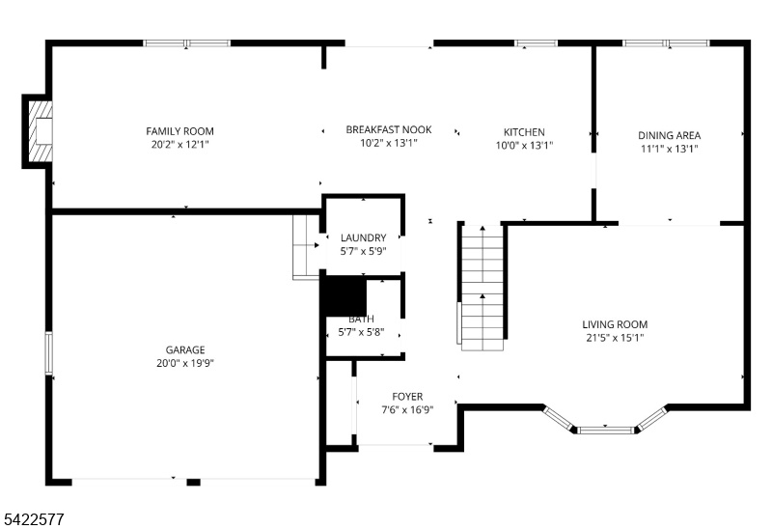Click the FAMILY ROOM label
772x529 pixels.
pyautogui.click(x=179, y=131)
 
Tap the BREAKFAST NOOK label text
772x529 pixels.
pyautogui.click(x=389, y=130)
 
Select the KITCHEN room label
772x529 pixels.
pyautogui.click(x=524, y=132)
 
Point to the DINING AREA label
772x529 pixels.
pyautogui.click(x=669, y=135)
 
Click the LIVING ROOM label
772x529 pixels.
pyautogui.click(x=615, y=324)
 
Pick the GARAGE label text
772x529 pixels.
pyautogui.click(x=185, y=350)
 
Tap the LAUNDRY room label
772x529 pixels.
pyautogui.click(x=364, y=237)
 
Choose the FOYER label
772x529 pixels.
pyautogui.click(x=407, y=397)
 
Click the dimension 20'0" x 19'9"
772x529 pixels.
pyautogui.click(x=185, y=364)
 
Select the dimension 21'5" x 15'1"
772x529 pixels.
pyautogui.click(x=615, y=338)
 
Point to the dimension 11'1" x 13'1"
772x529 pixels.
pyautogui.click(x=669, y=149)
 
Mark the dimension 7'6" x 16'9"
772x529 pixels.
pyautogui.click(x=407, y=410)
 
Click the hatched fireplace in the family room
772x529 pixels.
pyautogui.click(x=41, y=131)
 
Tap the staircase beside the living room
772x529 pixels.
pyautogui.click(x=482, y=288)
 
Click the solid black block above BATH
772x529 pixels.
pyautogui.click(x=345, y=295)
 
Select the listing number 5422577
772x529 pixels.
pyautogui.click(x=34, y=519)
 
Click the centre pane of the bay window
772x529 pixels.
pyautogui.click(x=606, y=430)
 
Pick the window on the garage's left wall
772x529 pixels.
pyautogui.click(x=49, y=353)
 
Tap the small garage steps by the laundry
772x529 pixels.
pyautogui.click(x=306, y=247)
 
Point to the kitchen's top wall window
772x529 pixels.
pyautogui.click(x=536, y=43)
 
